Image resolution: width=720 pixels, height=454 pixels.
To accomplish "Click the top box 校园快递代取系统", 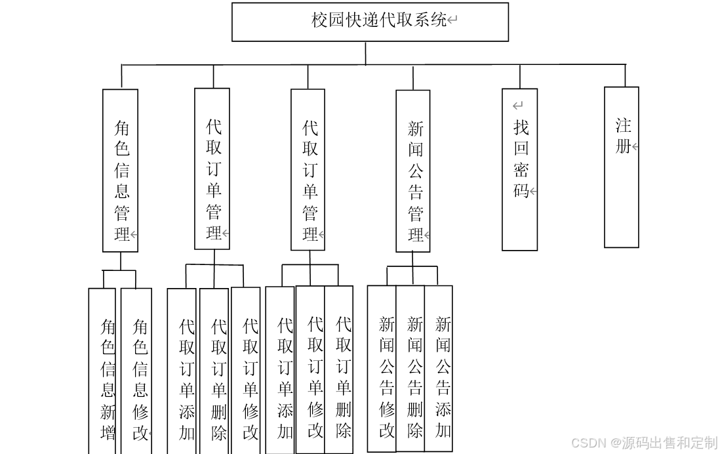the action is click(x=370, y=22).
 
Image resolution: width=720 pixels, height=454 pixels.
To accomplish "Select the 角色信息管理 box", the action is click(x=121, y=171).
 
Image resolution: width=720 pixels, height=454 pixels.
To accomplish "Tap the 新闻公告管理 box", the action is click(x=413, y=171).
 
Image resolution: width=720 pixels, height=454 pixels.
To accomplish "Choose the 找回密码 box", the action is click(x=520, y=169).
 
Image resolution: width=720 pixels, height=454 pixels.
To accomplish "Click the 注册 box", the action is click(x=622, y=167).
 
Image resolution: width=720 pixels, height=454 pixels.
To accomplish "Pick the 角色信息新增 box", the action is click(x=102, y=371).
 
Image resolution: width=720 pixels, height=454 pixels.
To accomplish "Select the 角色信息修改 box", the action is click(x=136, y=371).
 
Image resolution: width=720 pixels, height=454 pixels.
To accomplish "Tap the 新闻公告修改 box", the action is click(x=382, y=369).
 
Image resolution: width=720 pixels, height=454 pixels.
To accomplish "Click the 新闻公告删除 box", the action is click(x=410, y=369).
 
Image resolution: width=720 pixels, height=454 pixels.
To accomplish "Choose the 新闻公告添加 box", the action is click(x=438, y=369).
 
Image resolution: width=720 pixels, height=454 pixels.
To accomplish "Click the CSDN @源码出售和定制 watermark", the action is click(x=644, y=443).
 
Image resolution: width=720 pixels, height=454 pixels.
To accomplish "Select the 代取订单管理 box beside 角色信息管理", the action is click(x=212, y=169).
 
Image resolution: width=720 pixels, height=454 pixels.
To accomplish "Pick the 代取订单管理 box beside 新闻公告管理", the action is click(x=308, y=170).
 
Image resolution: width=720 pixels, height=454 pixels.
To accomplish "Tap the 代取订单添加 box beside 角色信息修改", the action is click(x=182, y=371).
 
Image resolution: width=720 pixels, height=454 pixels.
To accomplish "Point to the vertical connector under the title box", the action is click(x=366, y=53).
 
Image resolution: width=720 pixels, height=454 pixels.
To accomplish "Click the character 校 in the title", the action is click(x=319, y=20).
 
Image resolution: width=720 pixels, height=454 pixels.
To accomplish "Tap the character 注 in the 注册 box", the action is click(x=623, y=125).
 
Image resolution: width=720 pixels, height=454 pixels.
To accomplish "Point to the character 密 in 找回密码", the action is click(x=521, y=170).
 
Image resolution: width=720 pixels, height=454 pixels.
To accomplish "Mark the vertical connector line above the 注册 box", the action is click(x=625, y=75).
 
